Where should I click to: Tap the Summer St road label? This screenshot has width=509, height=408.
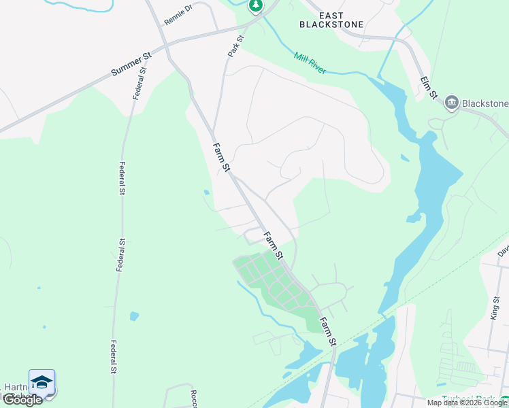click(131, 63)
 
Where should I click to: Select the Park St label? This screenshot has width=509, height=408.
click(235, 46)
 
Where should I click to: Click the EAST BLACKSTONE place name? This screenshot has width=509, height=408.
click(331, 20)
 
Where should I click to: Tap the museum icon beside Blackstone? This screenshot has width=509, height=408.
click(450, 103)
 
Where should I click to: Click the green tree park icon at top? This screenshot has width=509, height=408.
click(255, 6)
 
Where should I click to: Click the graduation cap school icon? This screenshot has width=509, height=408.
click(42, 382)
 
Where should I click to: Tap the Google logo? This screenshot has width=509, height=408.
click(22, 400)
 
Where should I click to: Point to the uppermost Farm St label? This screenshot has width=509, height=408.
click(223, 157)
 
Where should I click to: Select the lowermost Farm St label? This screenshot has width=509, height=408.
click(329, 332)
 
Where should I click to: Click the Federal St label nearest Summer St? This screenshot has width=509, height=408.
click(142, 83)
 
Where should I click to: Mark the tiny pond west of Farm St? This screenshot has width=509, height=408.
click(206, 192)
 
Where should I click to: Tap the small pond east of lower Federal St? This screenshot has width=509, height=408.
click(134, 316)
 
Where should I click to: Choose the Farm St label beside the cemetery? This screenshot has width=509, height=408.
click(273, 247)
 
